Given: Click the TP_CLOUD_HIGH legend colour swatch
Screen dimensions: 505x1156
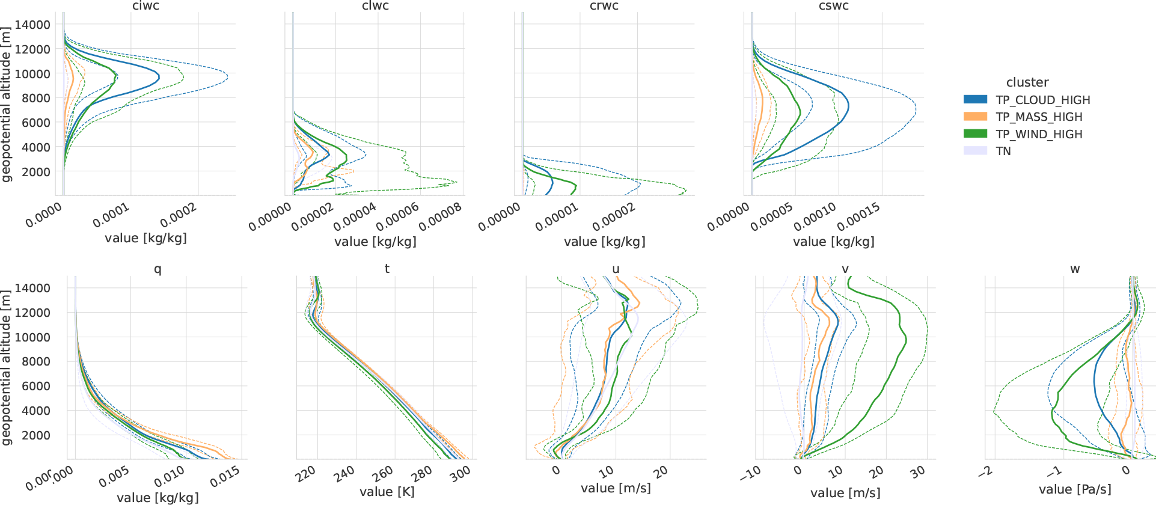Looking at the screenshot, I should (975, 100).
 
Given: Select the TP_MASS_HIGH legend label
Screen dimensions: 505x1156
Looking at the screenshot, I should (1039, 117).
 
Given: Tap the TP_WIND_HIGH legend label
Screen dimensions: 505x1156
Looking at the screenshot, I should (1039, 134).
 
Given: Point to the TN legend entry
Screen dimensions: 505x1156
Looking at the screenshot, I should (1003, 151).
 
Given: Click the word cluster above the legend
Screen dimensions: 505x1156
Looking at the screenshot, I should (1027, 82).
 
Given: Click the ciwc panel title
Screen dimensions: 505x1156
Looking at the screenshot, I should (145, 6).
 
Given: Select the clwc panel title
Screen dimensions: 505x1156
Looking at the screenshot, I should (375, 6).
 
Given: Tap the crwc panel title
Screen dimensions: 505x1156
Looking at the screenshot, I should (604, 6).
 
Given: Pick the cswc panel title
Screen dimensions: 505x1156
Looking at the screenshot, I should (834, 6).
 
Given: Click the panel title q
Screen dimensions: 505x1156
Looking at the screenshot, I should (157, 269).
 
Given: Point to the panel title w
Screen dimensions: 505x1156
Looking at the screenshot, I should (1075, 269).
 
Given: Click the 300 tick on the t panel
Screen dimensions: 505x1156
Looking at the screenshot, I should (460, 473).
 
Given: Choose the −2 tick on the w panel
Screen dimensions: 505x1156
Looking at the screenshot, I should (985, 472).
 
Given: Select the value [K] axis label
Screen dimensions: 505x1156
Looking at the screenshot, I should (387, 492).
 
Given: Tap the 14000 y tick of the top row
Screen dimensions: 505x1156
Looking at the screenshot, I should (32, 25).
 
